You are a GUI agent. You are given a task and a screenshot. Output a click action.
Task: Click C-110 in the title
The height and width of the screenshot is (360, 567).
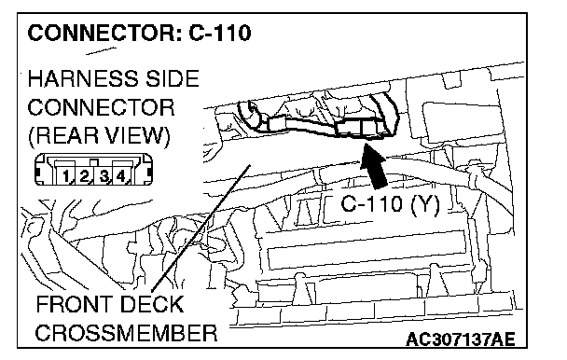[220, 34]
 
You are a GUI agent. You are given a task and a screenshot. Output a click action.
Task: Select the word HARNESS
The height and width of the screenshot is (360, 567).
[83, 78]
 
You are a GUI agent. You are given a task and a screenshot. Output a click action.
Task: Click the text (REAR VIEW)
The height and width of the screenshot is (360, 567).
[99, 135]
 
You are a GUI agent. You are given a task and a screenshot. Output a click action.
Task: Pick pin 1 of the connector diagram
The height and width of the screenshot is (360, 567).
[66, 176]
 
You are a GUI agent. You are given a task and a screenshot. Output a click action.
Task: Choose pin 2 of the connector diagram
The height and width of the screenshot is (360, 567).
[84, 176]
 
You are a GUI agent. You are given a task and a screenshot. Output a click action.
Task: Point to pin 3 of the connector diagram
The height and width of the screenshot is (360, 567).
[104, 176]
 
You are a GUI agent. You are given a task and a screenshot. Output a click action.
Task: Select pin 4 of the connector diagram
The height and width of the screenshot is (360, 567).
[120, 176]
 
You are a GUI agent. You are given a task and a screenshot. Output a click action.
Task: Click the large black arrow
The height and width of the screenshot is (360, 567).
[375, 166]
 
